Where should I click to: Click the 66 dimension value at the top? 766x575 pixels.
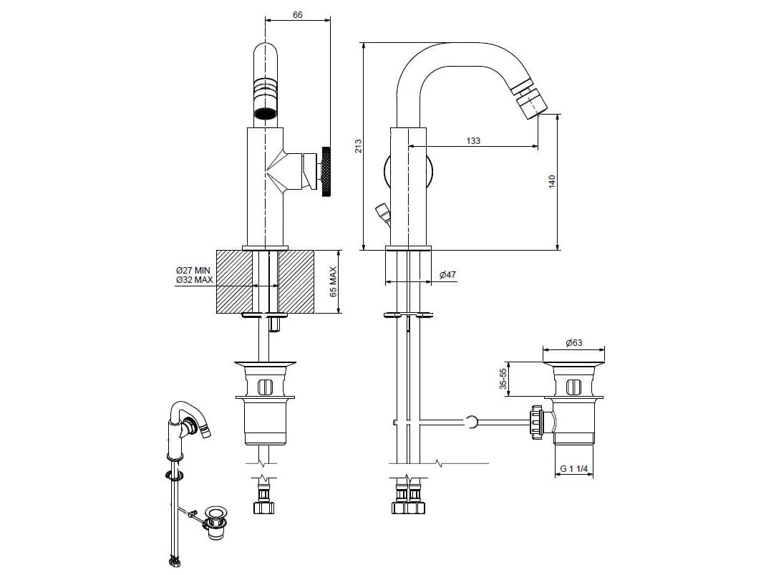[298, 14]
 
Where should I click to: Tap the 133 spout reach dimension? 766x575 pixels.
[473, 140]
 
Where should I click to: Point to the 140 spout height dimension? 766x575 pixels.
[551, 182]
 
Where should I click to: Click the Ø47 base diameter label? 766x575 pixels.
[447, 274]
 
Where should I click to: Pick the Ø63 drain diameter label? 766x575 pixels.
[573, 342]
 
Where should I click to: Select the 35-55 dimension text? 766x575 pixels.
[503, 379]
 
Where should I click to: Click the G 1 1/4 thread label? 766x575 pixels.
[573, 469]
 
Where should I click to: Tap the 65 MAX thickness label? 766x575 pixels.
[332, 282]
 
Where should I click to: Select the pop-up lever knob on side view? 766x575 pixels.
[382, 212]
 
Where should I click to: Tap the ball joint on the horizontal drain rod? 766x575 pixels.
[471, 422]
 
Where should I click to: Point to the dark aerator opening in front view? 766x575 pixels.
[265, 112]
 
